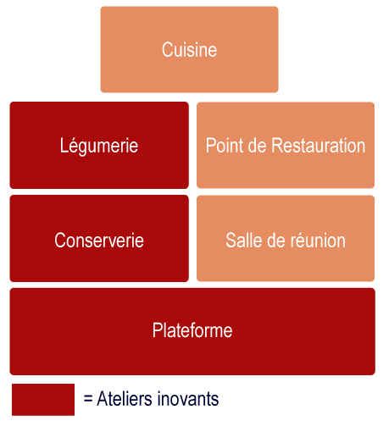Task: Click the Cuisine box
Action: [189, 49]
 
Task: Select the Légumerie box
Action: [99, 145]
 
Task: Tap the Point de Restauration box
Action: [286, 145]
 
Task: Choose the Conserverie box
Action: [99, 238]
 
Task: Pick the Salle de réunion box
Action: [286, 238]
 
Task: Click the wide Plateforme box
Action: [192, 331]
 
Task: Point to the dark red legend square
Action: [43, 400]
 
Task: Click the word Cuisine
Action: [189, 50]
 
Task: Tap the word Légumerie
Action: [99, 146]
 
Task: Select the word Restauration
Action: [319, 146]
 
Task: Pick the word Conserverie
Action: [99, 241]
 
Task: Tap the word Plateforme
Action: [192, 330]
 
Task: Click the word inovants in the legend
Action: [188, 399]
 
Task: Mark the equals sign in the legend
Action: [88, 399]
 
